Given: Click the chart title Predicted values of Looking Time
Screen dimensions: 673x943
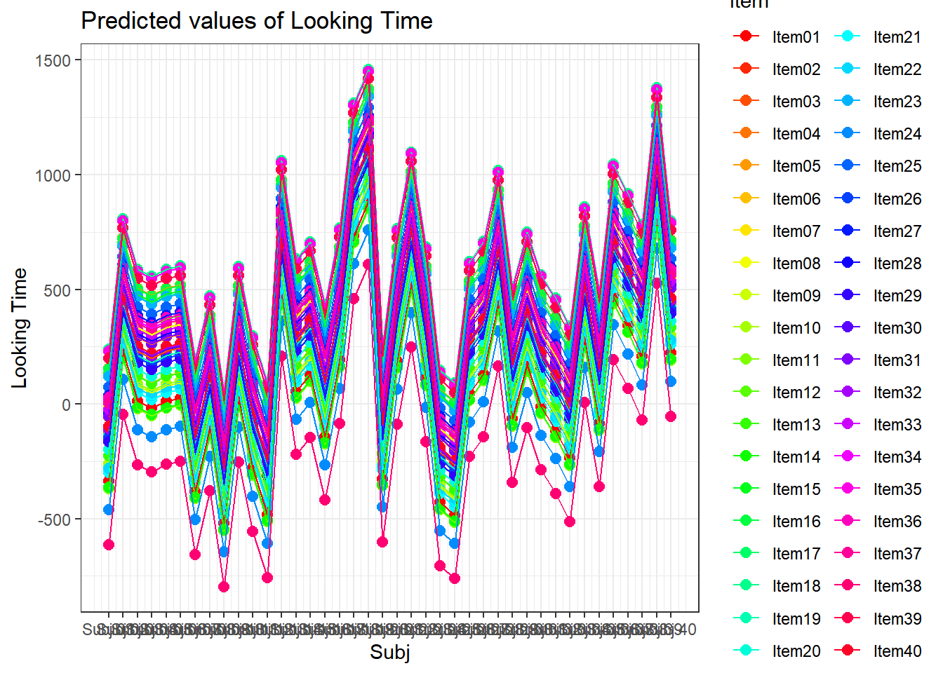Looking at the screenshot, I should [x=257, y=21].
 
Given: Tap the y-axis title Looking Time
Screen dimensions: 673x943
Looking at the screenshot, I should [x=20, y=328].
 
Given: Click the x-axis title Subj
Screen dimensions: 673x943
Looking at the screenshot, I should [x=390, y=653].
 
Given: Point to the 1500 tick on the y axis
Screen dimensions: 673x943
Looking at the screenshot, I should [x=53, y=60].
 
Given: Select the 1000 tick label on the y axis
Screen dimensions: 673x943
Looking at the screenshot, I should [x=53, y=175].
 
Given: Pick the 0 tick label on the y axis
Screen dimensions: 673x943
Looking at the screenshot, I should [x=66, y=405].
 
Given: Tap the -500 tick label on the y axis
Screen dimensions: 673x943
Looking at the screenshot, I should [x=54, y=519].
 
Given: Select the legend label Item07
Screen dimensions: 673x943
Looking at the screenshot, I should [x=796, y=231].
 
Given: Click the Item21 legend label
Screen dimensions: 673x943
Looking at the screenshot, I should [x=897, y=37].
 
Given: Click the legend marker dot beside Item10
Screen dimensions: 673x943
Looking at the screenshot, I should [x=746, y=327].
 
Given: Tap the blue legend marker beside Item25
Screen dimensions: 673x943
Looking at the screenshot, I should [x=847, y=166].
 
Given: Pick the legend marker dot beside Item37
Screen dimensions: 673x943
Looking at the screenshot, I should [x=847, y=553].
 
